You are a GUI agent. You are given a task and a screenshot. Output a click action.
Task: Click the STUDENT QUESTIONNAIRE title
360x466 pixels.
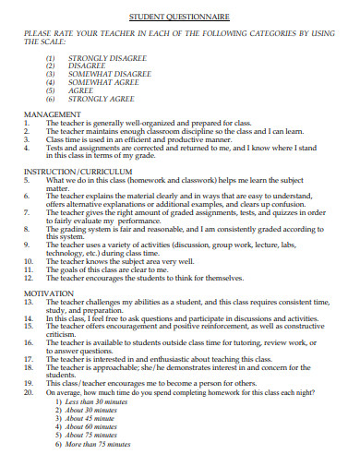tap(179, 18)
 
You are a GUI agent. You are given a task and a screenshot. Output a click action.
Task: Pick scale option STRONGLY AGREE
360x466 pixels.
tap(95, 99)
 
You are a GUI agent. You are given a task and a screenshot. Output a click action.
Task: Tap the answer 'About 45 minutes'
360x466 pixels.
tap(93, 419)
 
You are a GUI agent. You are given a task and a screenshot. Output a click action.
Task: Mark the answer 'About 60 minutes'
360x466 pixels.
tap(93, 427)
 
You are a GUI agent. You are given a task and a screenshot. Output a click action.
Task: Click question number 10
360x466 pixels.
tap(29, 260)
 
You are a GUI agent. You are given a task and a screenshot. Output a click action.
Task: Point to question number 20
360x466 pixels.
tap(29, 391)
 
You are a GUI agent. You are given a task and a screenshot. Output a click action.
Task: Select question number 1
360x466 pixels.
tap(27, 123)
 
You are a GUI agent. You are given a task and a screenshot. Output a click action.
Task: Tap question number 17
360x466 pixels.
tap(29, 358)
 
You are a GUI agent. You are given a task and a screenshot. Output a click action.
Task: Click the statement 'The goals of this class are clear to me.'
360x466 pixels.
tap(120, 269)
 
